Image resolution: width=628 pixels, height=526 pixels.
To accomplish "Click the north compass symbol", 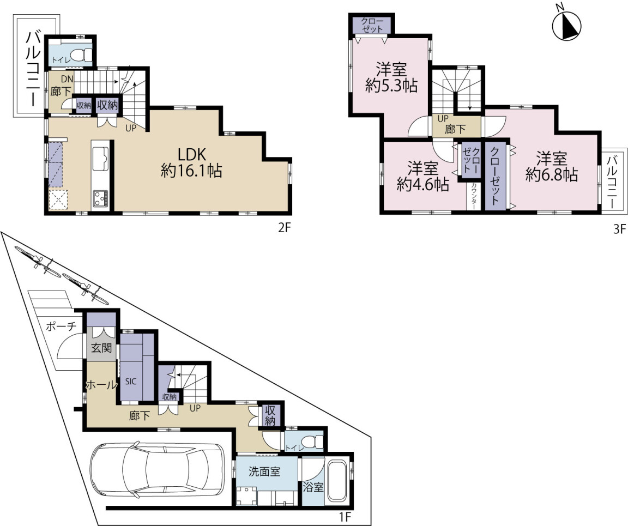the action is tap(567, 26).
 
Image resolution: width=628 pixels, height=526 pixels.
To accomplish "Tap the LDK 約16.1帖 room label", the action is tap(191, 162).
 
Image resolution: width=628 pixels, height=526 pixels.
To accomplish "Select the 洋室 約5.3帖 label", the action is tap(391, 77).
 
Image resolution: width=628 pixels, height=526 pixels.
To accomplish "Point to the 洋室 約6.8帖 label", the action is tap(552, 167).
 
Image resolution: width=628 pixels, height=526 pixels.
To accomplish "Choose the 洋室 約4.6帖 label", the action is tap(423, 176).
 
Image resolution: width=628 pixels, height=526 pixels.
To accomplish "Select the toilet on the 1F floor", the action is tap(315, 442).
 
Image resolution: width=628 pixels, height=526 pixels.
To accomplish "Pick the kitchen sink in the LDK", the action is tap(100, 159).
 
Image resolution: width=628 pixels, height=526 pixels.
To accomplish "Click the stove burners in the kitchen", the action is tap(100, 199).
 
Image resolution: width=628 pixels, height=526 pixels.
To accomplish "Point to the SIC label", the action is tap(131, 382).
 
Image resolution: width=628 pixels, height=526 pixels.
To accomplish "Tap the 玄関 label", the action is tap(101, 348).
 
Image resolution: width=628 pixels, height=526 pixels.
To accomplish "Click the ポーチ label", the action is tap(61, 326).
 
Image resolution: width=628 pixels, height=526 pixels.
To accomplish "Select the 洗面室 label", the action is tap(264, 471).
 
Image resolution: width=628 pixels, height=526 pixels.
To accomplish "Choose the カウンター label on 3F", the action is tap(473, 196).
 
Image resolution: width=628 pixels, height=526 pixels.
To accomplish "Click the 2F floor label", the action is tap(284, 228).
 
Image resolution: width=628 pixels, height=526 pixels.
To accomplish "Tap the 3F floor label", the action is tap(619, 229).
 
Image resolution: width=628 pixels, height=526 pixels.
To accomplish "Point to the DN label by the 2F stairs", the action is tap(67, 80).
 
